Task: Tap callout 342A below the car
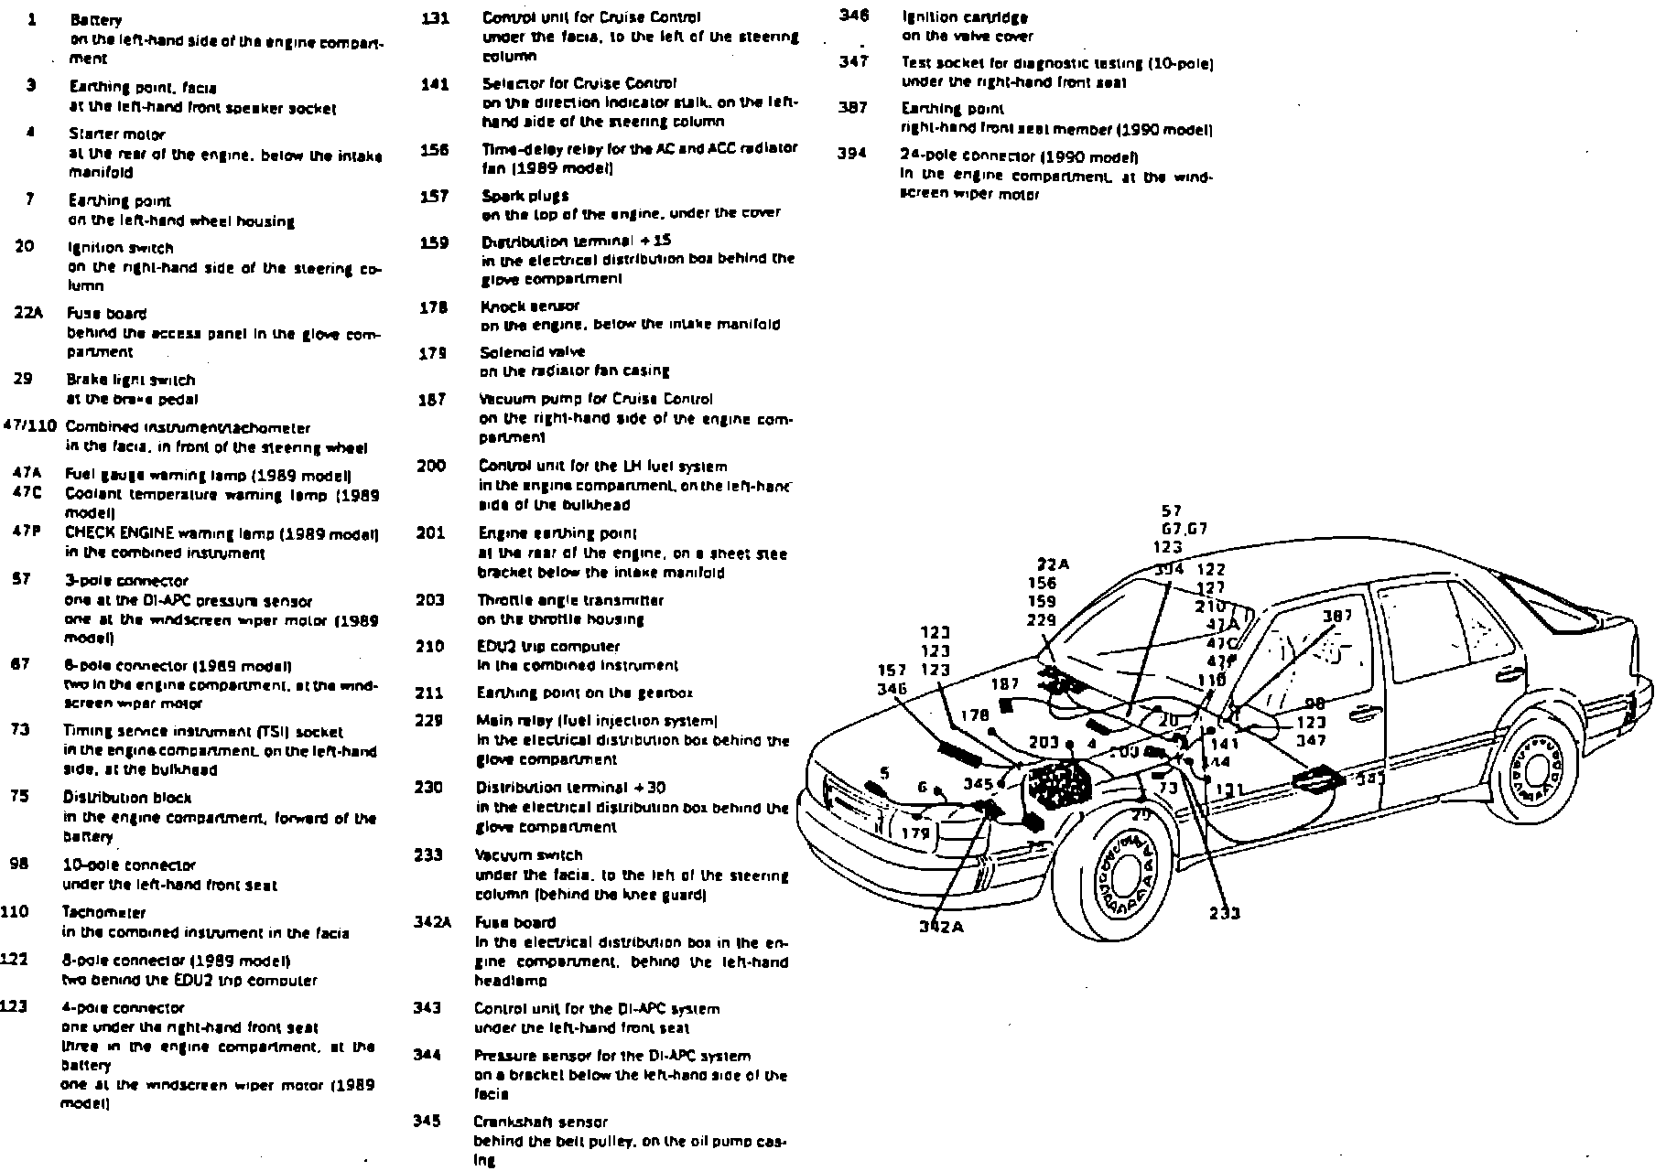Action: click(941, 926)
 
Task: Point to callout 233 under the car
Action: click(1225, 912)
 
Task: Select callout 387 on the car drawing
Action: click(1337, 616)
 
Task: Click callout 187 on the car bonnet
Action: click(1005, 683)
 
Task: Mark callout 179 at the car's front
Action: click(915, 833)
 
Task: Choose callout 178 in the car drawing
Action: click(975, 715)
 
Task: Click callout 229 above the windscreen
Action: click(1042, 620)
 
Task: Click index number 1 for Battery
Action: click(32, 19)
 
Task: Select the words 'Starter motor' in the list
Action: click(104, 134)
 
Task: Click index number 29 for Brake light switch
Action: click(24, 379)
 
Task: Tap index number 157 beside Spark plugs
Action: click(434, 195)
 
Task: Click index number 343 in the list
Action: click(427, 1008)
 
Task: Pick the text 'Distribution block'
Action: click(114, 798)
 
